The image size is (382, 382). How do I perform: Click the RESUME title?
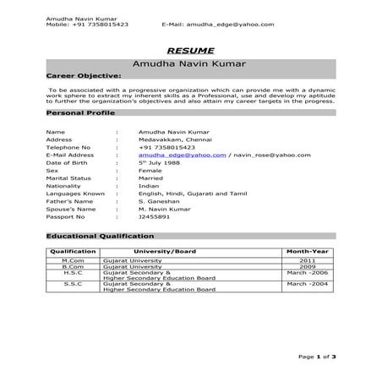click(x=190, y=50)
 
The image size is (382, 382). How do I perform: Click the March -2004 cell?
click(x=306, y=285)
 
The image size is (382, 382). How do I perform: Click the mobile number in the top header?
click(x=88, y=25)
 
